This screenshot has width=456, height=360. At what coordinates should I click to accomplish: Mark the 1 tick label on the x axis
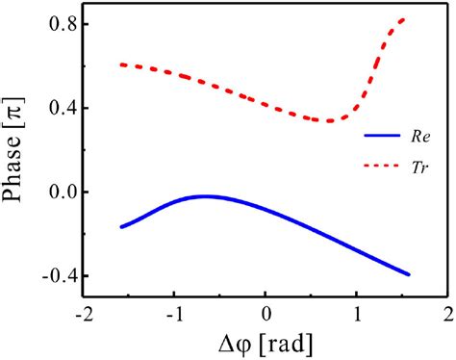pos(357,316)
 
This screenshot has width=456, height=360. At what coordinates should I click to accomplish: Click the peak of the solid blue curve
pos(205,196)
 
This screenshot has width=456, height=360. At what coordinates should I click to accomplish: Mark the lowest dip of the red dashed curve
pos(329,120)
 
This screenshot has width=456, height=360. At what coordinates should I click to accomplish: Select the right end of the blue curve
pos(409,274)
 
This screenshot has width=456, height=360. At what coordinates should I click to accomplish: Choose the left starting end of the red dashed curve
pos(120,64)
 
